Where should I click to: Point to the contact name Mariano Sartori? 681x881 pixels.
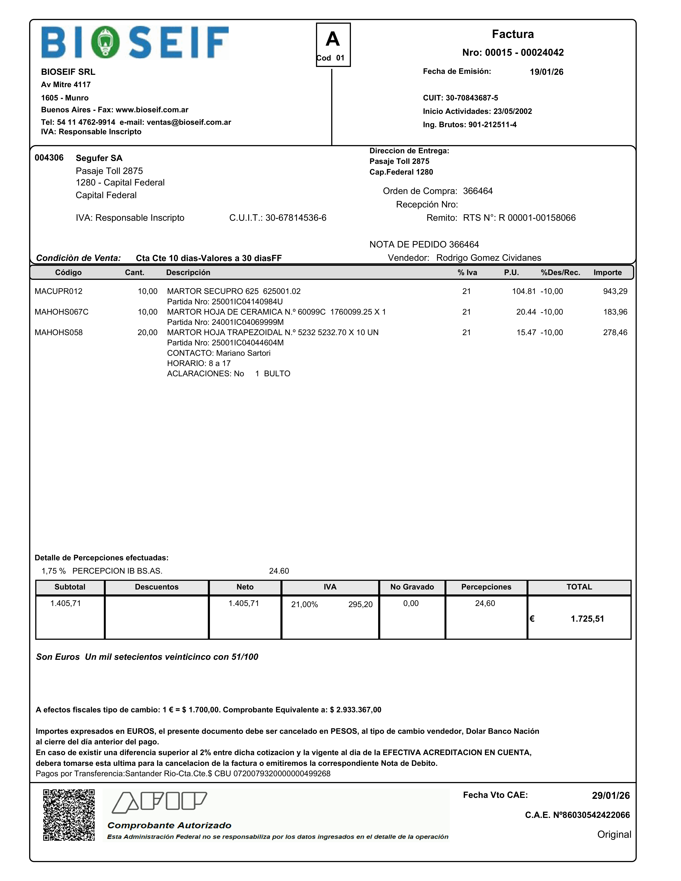(x=243, y=353)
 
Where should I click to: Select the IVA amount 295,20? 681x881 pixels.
(x=360, y=604)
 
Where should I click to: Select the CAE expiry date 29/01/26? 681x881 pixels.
(x=610, y=795)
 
